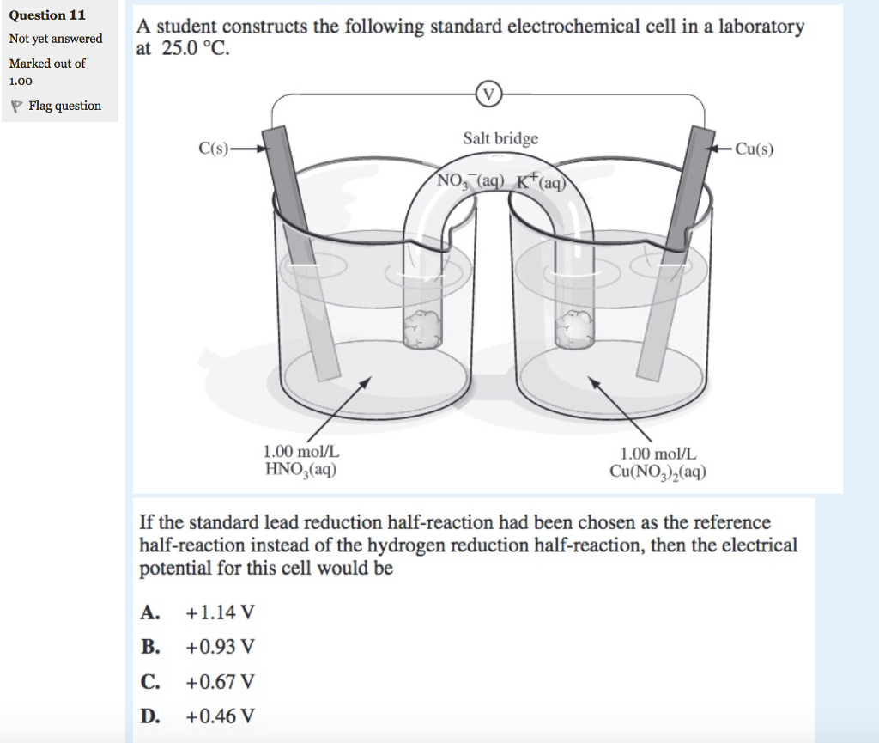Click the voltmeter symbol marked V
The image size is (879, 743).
(x=488, y=94)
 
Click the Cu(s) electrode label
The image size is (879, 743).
(x=755, y=149)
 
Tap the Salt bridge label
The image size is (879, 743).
(x=500, y=138)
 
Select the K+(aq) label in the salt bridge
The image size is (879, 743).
(x=539, y=181)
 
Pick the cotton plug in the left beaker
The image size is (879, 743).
(x=421, y=328)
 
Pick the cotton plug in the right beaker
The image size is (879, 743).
(x=575, y=328)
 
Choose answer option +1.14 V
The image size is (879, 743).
(x=220, y=612)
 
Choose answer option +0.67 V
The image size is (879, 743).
(x=220, y=682)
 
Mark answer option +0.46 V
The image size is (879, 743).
(x=220, y=716)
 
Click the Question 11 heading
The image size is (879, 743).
(x=47, y=15)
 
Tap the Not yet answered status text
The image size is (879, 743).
(x=56, y=39)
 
